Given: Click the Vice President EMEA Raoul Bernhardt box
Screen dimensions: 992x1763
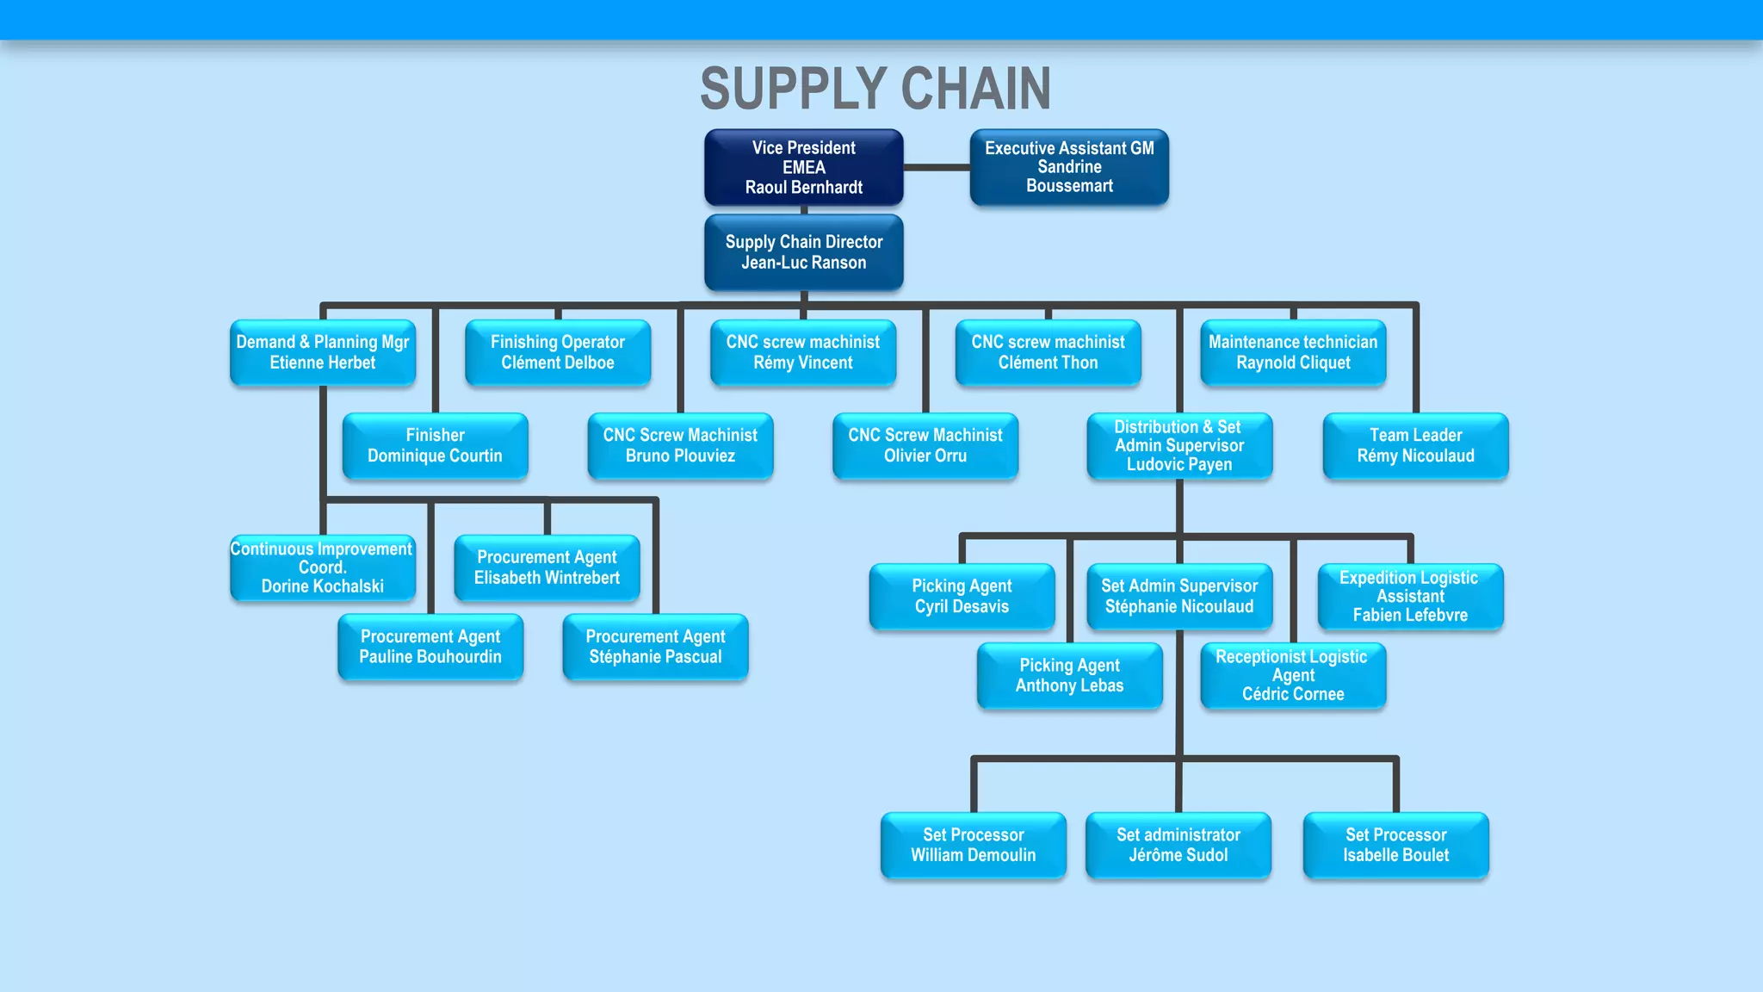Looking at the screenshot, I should click(x=803, y=168).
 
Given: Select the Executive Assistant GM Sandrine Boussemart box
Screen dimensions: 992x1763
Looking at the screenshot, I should click(x=1069, y=167).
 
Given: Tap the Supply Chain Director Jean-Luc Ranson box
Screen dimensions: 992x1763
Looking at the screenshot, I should click(x=803, y=252).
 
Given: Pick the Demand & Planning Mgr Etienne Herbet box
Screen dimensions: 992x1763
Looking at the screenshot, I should click(x=323, y=352).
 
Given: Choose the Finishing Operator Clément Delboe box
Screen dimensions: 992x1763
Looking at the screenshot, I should click(x=558, y=352).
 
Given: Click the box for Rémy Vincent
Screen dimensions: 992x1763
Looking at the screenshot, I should click(x=803, y=352).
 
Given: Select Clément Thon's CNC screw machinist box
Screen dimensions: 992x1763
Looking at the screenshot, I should click(x=1048, y=352).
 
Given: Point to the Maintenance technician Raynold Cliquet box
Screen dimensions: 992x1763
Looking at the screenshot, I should click(x=1293, y=352).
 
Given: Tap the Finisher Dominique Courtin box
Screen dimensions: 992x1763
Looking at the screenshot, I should click(x=435, y=445).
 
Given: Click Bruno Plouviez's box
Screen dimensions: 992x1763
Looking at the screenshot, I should click(x=680, y=445).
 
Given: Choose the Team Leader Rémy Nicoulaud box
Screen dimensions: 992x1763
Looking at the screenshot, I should click(x=1415, y=445).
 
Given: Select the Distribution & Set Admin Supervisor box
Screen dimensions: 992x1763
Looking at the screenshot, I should click(x=1179, y=445).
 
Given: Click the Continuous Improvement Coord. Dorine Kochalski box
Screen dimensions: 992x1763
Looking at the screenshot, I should click(x=323, y=567).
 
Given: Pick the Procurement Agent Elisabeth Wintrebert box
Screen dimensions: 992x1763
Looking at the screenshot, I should click(x=547, y=567).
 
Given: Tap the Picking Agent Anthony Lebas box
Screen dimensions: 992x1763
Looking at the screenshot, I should click(x=1069, y=675).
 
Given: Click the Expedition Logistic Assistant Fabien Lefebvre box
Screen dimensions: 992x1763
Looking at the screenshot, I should click(x=1410, y=596).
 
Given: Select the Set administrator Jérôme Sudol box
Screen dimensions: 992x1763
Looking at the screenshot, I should click(x=1178, y=845).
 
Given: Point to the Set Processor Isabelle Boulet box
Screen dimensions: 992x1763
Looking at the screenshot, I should click(x=1395, y=845).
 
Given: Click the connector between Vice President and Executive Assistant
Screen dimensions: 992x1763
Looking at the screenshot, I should click(x=937, y=168).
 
